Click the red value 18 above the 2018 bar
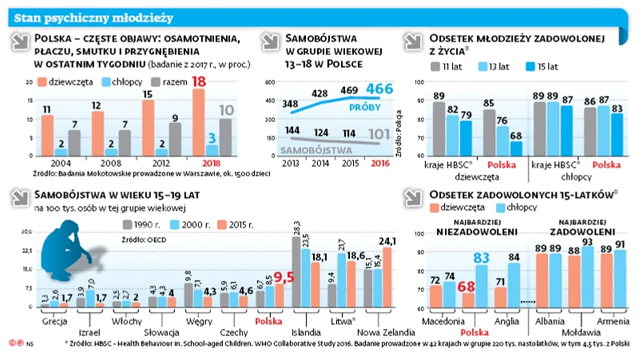[x=200, y=81]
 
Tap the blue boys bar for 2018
[x=212, y=149]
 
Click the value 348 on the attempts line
[x=290, y=104]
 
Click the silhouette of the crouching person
[x=70, y=255]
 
